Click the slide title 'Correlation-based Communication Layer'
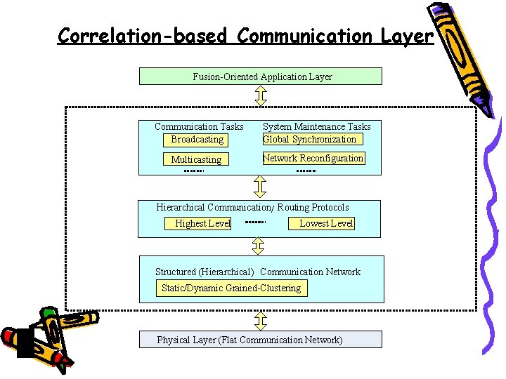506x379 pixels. [245, 35]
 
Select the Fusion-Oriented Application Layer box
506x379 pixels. [261, 77]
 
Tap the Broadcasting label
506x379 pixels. [197, 139]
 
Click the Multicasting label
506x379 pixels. [196, 159]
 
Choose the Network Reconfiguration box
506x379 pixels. [313, 159]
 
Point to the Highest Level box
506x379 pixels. [202, 223]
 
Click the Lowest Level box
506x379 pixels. [325, 223]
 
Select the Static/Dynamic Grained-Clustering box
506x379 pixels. [231, 288]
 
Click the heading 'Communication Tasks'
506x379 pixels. [199, 126]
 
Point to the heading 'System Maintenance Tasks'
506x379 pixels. [316, 126]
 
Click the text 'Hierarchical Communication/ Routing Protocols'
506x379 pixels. [252, 207]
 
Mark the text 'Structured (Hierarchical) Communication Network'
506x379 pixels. [257, 272]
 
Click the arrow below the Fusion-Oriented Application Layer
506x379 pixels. [260, 95]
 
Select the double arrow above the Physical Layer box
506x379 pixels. [260, 321]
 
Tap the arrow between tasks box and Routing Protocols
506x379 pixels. [260, 186]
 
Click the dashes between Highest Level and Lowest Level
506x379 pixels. [255, 222]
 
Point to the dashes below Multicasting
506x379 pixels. [193, 171]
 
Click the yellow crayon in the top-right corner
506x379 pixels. [465, 53]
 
